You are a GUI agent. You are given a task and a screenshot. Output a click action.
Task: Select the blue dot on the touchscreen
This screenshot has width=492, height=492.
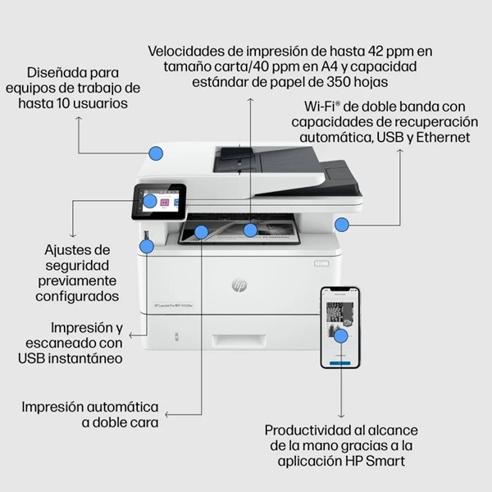149,199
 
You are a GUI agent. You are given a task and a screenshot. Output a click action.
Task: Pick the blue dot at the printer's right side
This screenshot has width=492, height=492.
342,223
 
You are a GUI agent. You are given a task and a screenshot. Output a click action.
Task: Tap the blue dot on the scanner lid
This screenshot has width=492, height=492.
156,153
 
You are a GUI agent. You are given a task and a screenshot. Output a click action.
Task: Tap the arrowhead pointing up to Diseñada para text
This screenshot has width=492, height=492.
79,120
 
